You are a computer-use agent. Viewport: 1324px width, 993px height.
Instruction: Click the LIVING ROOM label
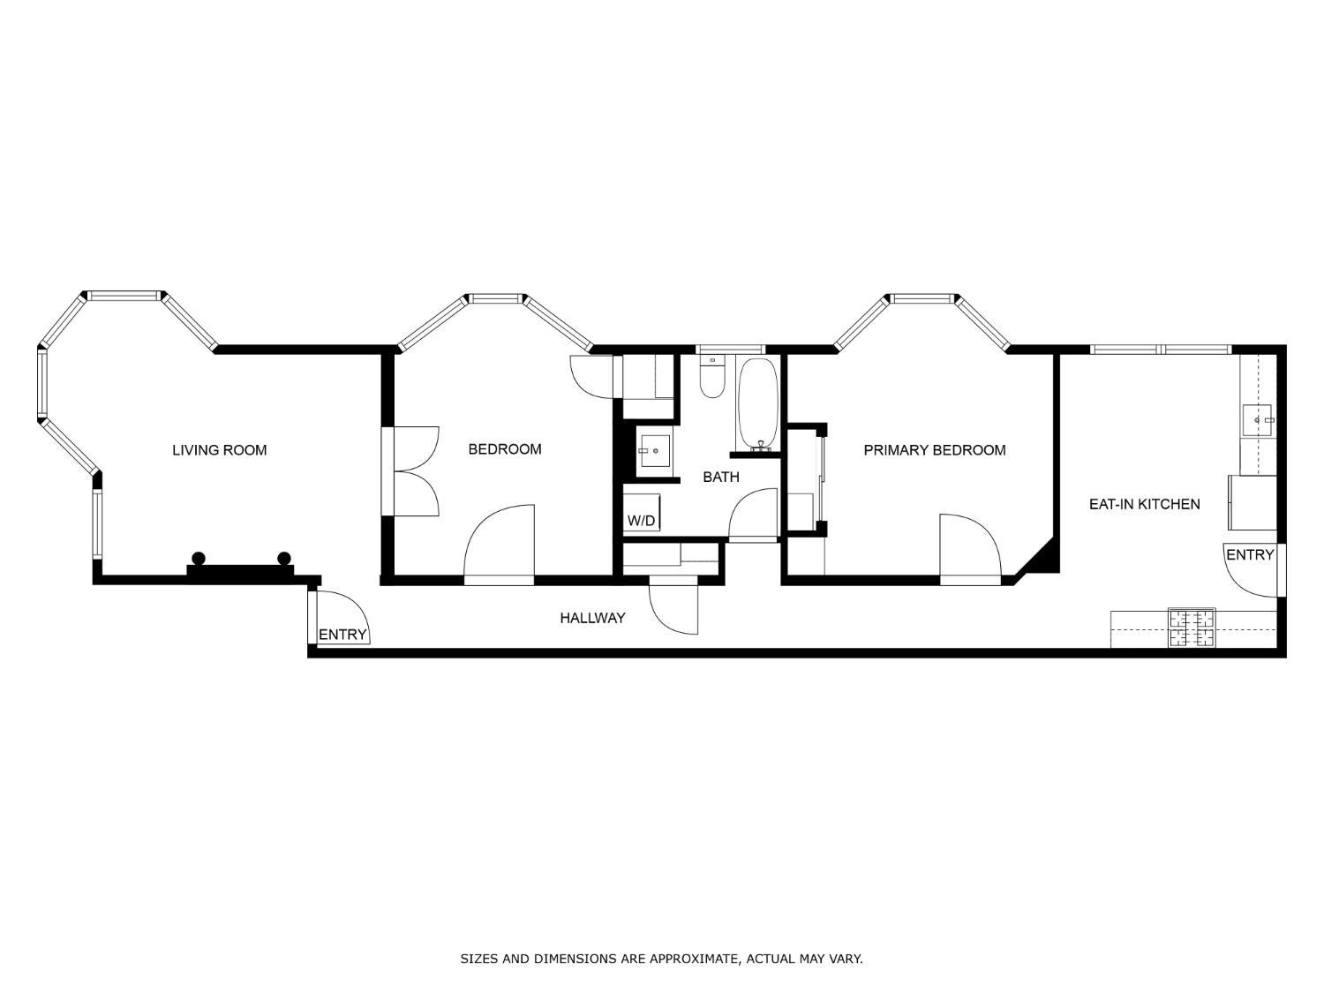coord(219,450)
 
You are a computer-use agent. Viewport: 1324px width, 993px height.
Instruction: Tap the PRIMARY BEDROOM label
coord(935,450)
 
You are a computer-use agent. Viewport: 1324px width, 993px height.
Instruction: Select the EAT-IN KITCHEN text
coord(1144,504)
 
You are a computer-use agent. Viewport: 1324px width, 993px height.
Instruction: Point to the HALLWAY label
coord(592,617)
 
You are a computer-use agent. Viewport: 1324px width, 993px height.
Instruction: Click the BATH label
coord(721,477)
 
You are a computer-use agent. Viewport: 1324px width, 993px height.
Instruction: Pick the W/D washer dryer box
coord(641,513)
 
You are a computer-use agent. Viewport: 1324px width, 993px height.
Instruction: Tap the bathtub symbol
coord(757,404)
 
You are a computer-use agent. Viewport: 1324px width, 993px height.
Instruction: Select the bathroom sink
coord(654,451)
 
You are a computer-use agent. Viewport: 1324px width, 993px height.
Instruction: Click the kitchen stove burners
coord(1192,628)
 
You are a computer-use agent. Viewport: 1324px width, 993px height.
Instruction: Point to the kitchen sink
coord(1258,420)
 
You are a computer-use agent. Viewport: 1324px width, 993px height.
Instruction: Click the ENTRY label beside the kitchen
coord(1250,554)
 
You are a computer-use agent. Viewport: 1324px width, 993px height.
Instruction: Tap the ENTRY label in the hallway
coord(342,635)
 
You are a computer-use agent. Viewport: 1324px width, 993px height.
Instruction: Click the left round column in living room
coord(199,559)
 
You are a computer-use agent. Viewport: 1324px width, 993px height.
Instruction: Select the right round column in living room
coord(283,559)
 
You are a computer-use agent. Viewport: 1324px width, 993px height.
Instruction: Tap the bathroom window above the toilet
coord(730,349)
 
